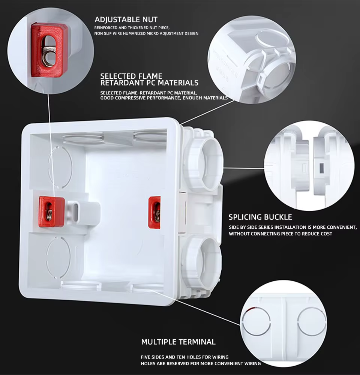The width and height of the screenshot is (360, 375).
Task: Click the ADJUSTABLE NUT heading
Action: pyautogui.click(x=126, y=19)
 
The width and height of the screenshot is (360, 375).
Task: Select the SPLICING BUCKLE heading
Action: pyautogui.click(x=260, y=217)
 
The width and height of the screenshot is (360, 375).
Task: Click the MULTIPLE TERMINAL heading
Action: pyautogui.click(x=178, y=342)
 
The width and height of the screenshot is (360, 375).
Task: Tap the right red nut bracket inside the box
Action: pyautogui.click(x=154, y=212)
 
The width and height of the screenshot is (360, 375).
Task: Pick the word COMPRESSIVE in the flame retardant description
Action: pyautogui.click(x=132, y=98)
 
